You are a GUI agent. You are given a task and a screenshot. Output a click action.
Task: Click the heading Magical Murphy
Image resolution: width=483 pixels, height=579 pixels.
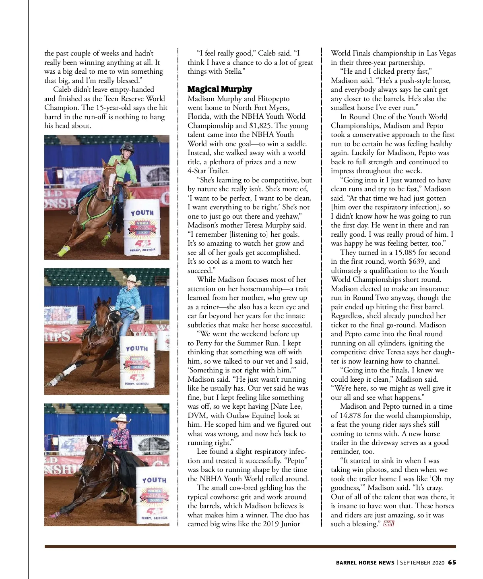coord(220,89)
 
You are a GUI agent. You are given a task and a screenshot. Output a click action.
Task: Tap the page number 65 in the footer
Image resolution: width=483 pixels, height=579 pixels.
coord(452,562)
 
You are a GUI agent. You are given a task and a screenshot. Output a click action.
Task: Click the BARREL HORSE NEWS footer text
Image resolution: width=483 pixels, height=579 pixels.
coord(365,562)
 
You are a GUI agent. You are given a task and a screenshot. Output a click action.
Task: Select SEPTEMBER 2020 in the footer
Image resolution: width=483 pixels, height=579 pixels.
coord(422,562)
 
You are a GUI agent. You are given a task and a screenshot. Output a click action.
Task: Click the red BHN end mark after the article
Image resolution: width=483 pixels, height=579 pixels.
coord(388,524)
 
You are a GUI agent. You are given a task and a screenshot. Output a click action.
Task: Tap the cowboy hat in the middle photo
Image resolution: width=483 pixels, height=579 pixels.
coord(132,279)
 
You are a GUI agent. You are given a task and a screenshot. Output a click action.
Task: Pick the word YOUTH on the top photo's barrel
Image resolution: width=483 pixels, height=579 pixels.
coord(142,213)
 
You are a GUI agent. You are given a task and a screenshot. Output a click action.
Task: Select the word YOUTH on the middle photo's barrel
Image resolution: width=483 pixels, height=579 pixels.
coord(137,349)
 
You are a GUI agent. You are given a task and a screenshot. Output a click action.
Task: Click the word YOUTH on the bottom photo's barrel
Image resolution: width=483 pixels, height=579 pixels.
coord(154,480)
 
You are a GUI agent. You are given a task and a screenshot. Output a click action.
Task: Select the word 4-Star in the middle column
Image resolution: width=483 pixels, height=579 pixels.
coord(197,171)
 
